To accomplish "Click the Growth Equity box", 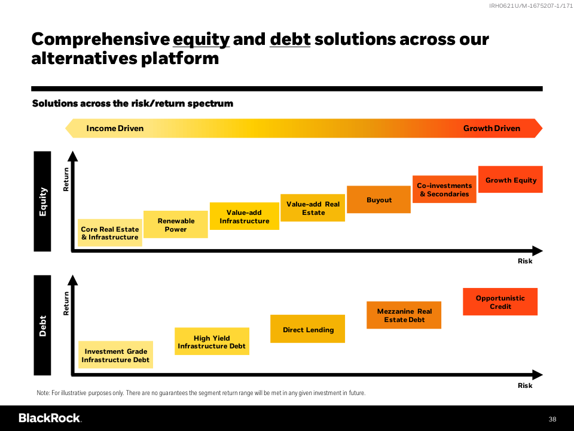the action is pos(510,180).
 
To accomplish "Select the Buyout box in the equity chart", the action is pos(378,199).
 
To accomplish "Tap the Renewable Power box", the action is pos(176,224).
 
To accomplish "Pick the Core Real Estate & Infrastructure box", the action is pos(110,233).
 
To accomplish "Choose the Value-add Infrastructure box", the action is pos(245,216).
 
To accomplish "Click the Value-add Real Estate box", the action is pos(313,208).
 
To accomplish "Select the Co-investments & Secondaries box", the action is pos(444,190).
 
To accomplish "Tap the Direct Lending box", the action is pos(307,329).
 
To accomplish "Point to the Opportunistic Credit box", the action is pos(500,302).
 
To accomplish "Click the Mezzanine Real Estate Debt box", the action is pos(404,315).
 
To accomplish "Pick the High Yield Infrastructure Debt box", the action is pos(212,341).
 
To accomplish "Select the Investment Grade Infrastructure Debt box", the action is pos(115,355).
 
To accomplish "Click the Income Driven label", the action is pos(115,128).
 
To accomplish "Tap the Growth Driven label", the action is pos(491,128).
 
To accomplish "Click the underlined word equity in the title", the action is pos(201,40).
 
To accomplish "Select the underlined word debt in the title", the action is pos(290,40).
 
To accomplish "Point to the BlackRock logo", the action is pos(50,418).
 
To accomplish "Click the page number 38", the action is pos(552,419).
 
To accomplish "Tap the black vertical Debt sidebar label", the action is pos(42,326).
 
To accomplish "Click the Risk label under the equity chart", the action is pos(525,261).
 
